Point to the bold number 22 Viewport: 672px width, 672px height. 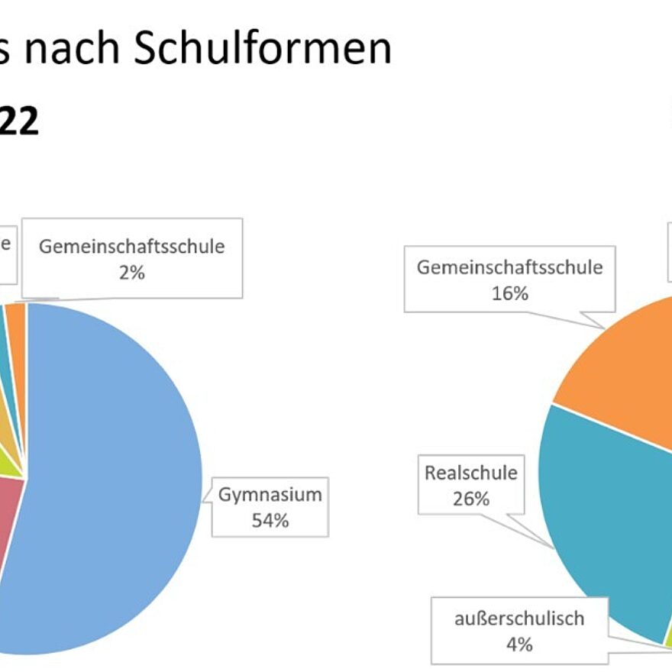18,121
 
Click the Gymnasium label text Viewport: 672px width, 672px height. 270,495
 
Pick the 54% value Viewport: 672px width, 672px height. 270,521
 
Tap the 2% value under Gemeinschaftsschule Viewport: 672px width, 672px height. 131,273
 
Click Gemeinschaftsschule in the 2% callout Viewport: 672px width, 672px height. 131,247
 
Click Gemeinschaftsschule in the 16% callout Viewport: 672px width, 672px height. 509,267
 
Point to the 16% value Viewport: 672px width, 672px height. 509,293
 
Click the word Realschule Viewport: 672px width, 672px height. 470,473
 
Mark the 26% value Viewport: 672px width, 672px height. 470,499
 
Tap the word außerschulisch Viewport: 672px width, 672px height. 519,619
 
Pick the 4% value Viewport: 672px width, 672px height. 519,645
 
